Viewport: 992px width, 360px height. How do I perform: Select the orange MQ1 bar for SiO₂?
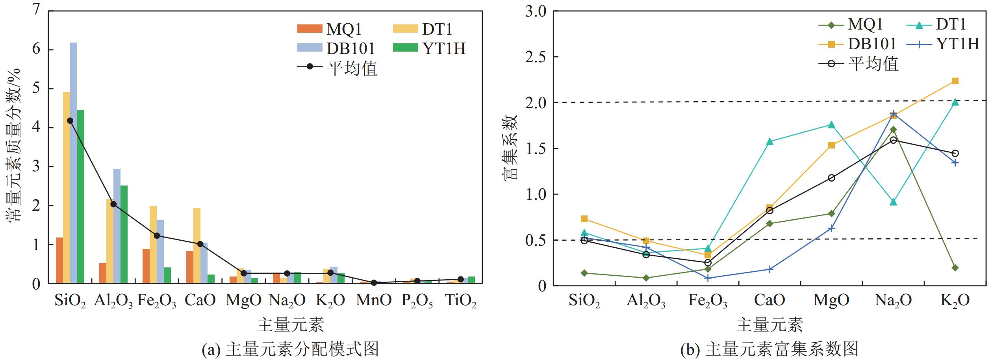[59, 260]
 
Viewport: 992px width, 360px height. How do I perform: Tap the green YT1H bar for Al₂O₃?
[124, 234]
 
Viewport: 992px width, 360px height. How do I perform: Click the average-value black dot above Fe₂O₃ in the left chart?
[157, 236]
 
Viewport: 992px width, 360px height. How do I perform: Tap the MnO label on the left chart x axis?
[374, 300]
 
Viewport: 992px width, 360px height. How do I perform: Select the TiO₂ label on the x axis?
[460, 301]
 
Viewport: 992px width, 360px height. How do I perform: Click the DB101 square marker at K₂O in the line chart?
[955, 81]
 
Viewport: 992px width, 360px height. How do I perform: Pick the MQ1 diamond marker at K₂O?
[955, 268]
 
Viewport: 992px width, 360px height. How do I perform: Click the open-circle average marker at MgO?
[831, 178]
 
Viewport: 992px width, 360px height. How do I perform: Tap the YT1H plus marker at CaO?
[769, 269]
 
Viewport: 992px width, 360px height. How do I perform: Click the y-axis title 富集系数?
[510, 148]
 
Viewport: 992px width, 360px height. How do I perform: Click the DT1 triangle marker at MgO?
[831, 125]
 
